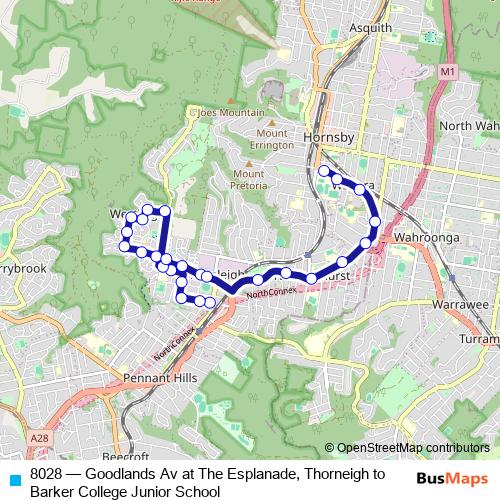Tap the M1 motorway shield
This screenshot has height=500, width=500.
click(446, 72)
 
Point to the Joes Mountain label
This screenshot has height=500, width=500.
click(231, 113)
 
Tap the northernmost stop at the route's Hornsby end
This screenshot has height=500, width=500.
click(323, 171)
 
